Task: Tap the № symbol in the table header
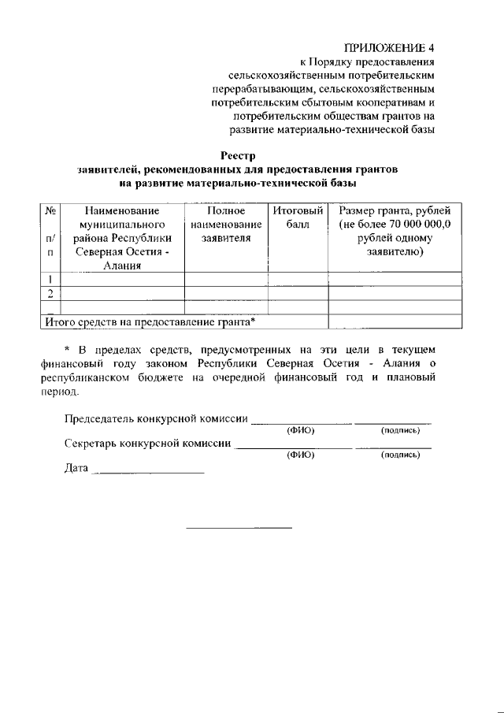tap(50, 210)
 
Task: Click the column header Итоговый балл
tap(298, 217)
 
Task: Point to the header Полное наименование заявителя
tap(226, 224)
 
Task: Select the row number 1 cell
tap(50, 278)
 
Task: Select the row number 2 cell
tap(50, 293)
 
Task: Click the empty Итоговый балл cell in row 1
tap(298, 278)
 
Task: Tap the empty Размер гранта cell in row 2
tap(395, 293)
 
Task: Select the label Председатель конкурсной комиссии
tap(156, 418)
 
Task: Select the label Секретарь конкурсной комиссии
tap(147, 443)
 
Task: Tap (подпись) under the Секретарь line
tap(400, 455)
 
